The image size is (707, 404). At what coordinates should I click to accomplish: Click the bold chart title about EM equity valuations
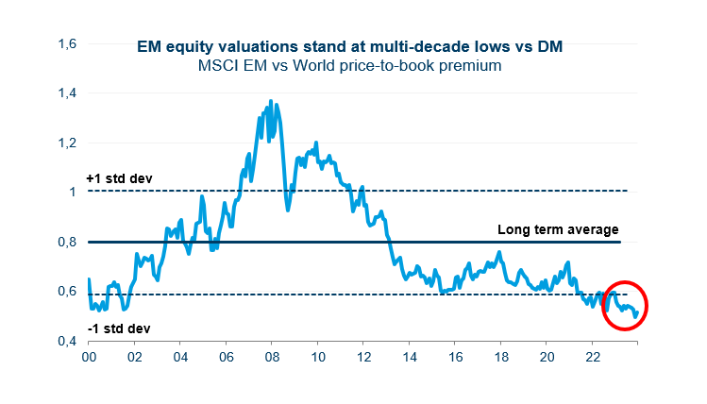point(354,46)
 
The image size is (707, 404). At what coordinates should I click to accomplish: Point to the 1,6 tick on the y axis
point(66,43)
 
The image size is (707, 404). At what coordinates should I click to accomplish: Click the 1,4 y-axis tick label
point(66,93)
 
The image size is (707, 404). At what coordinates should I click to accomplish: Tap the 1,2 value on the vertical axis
point(66,143)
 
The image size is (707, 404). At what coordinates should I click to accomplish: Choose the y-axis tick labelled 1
point(72,192)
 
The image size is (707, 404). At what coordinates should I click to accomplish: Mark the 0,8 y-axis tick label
point(66,242)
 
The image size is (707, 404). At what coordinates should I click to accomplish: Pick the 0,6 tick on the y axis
point(66,291)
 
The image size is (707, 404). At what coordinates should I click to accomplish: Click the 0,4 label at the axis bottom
point(66,341)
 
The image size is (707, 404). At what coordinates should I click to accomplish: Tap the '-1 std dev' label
point(117,328)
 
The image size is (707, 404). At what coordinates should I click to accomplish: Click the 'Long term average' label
point(558,229)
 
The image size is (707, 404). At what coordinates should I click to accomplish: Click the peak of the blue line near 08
point(272,100)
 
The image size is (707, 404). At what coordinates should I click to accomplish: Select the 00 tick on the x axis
point(89,358)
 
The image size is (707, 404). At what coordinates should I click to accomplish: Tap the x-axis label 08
point(272,358)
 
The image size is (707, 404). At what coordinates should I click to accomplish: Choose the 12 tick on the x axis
point(363,358)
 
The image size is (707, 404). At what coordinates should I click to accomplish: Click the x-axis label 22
point(593,358)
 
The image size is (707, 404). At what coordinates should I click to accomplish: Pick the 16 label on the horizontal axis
point(455,358)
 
